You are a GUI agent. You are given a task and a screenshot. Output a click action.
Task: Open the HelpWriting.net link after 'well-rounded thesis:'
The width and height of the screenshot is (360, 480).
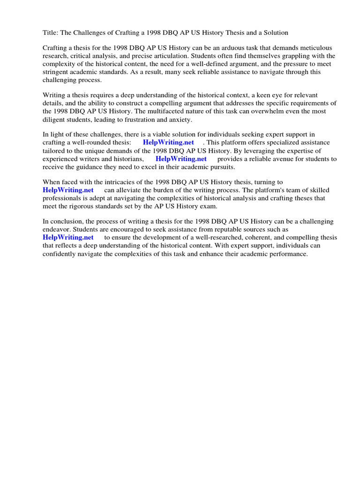(168, 142)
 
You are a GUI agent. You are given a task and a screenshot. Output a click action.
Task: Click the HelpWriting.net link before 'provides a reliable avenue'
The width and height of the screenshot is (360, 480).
(180, 158)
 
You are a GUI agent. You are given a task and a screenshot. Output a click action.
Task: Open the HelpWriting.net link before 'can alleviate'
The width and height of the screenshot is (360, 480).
(68, 190)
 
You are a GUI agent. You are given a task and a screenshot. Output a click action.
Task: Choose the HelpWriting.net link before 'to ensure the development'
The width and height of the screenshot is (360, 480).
(68, 237)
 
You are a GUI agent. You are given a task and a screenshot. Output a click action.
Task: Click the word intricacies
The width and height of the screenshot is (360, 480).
(110, 182)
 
